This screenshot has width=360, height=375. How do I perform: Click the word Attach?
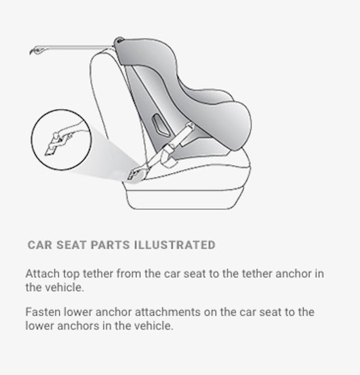pos(40,274)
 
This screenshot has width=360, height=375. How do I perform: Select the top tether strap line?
pos(76,47)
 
